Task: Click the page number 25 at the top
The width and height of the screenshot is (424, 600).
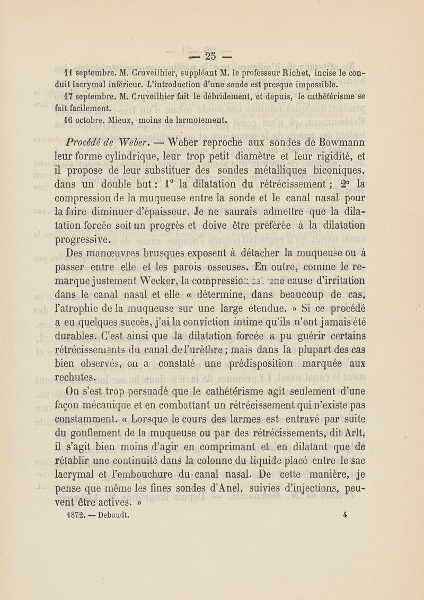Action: point(212,56)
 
